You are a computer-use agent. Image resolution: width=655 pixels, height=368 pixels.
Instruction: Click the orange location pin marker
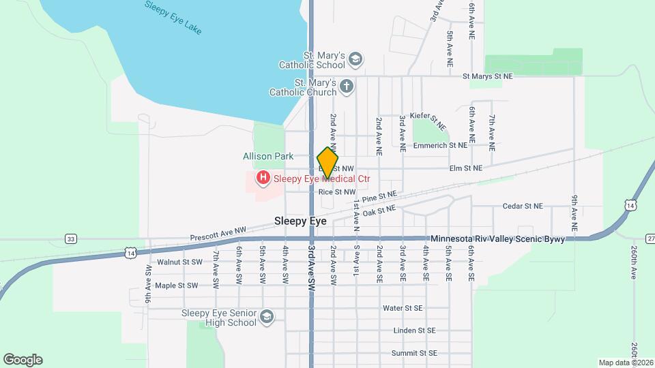pos(327,162)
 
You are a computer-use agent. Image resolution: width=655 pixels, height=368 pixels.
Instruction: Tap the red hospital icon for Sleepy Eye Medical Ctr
pos(262,179)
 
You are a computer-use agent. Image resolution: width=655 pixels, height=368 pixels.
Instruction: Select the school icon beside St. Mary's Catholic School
pos(354,59)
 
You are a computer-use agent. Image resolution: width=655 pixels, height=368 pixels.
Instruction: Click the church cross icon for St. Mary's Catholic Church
pos(347,87)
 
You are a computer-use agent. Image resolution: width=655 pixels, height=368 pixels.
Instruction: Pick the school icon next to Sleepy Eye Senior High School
pos(267,317)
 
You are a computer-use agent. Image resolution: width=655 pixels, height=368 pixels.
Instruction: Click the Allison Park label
pos(268,156)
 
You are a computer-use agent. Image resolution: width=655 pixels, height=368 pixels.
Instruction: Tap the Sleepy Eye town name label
pos(300,221)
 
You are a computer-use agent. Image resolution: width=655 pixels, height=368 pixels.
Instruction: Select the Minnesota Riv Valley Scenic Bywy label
pos(498,239)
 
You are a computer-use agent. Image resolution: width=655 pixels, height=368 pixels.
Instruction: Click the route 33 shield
pos(70,239)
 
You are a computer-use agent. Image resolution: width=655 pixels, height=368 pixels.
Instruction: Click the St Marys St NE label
pos(487,77)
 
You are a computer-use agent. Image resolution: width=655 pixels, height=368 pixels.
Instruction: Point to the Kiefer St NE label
pos(428,121)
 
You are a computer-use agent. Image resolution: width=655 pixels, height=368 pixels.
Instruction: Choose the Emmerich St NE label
pos(443,145)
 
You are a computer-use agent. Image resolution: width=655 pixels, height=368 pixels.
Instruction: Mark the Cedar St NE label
pos(522,206)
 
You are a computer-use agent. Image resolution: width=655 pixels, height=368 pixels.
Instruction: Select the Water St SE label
pos(403,308)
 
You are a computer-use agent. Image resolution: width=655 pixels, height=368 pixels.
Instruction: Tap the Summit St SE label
pos(413,353)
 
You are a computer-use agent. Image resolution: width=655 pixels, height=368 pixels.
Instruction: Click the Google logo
pos(23,359)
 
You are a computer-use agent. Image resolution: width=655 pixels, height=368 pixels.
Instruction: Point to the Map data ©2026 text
pos(625,362)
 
